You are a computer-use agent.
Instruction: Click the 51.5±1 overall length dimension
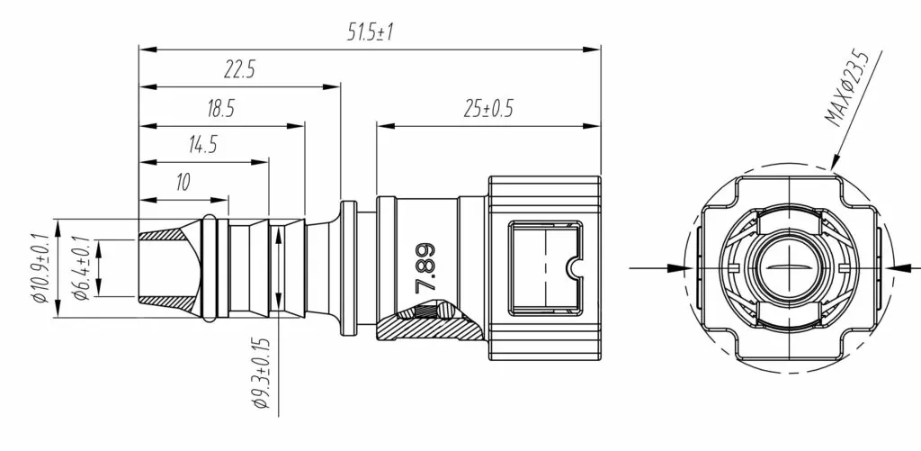coord(370,32)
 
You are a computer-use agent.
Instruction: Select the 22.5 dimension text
coord(238,70)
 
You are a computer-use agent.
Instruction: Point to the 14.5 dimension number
coord(202,145)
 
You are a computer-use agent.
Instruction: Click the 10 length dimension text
coord(183,182)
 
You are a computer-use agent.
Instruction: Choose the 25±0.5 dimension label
coord(488,109)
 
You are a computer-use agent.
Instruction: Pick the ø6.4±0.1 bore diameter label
coord(81,268)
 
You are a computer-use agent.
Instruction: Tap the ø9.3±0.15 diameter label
coord(260,374)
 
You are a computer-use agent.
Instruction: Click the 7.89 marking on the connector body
coord(425,268)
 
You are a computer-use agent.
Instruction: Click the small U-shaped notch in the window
coord(573,268)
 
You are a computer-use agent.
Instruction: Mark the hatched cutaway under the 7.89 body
coord(430,323)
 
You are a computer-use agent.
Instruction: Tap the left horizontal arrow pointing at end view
coord(660,268)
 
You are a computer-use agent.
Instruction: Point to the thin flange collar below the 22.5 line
coord(348,268)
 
